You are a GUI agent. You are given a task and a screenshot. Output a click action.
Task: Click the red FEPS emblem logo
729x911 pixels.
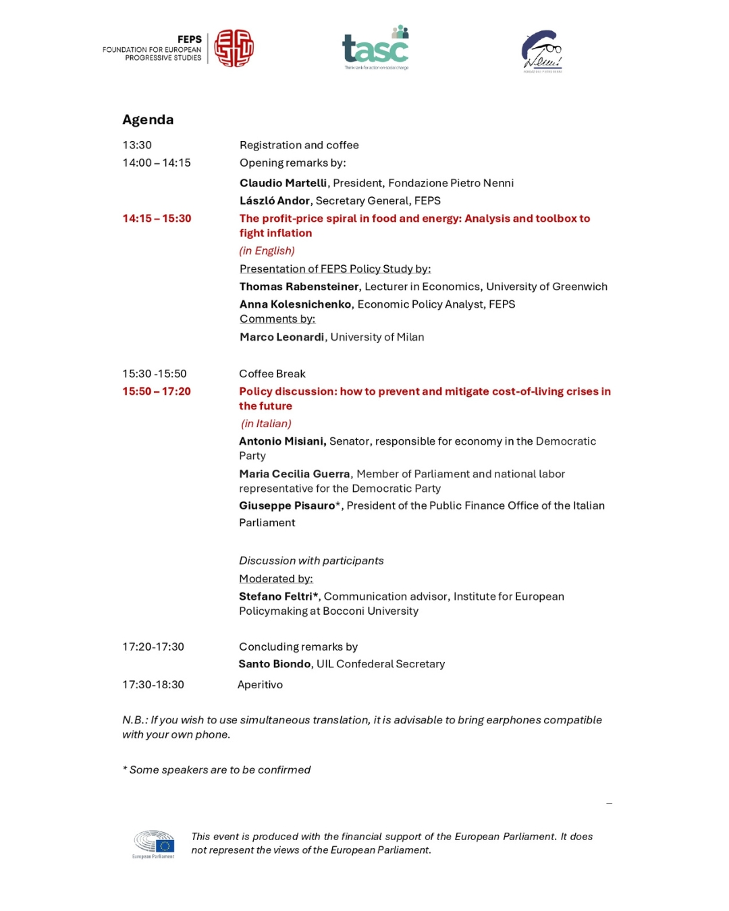pyautogui.click(x=234, y=48)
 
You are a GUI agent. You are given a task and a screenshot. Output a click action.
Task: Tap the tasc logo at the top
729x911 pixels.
pyautogui.click(x=376, y=48)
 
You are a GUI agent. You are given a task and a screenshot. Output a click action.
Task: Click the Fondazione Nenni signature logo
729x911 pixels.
pyautogui.click(x=541, y=51)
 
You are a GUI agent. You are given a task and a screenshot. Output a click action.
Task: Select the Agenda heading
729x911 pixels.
pyautogui.click(x=148, y=119)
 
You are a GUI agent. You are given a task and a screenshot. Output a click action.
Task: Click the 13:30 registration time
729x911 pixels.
pyautogui.click(x=137, y=145)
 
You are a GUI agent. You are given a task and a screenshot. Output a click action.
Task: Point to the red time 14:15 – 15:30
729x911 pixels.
pyautogui.click(x=157, y=219)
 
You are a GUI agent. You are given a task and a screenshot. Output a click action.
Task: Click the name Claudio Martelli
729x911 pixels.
pyautogui.click(x=283, y=183)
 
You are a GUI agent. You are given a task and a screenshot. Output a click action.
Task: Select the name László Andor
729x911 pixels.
pyautogui.click(x=274, y=200)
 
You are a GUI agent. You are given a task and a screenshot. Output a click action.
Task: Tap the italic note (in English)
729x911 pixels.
pyautogui.click(x=267, y=251)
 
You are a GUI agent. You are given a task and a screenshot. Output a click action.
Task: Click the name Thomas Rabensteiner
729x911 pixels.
pyautogui.click(x=299, y=287)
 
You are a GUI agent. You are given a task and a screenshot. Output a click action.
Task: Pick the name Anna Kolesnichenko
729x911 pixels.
pyautogui.click(x=295, y=304)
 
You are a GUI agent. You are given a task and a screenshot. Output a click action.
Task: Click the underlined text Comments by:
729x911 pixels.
pyautogui.click(x=277, y=319)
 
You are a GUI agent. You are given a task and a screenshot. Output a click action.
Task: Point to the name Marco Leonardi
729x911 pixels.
pyautogui.click(x=281, y=337)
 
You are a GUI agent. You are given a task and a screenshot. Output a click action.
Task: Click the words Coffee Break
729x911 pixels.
pyautogui.click(x=272, y=374)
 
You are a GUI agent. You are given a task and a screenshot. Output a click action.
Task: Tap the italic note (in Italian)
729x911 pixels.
pyautogui.click(x=266, y=424)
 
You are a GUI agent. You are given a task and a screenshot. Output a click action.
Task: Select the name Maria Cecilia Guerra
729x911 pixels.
pyautogui.click(x=294, y=474)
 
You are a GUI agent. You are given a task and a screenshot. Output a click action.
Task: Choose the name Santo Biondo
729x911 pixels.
pyautogui.click(x=274, y=664)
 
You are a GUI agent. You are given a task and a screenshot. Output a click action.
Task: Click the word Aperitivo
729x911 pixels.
pyautogui.click(x=260, y=685)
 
